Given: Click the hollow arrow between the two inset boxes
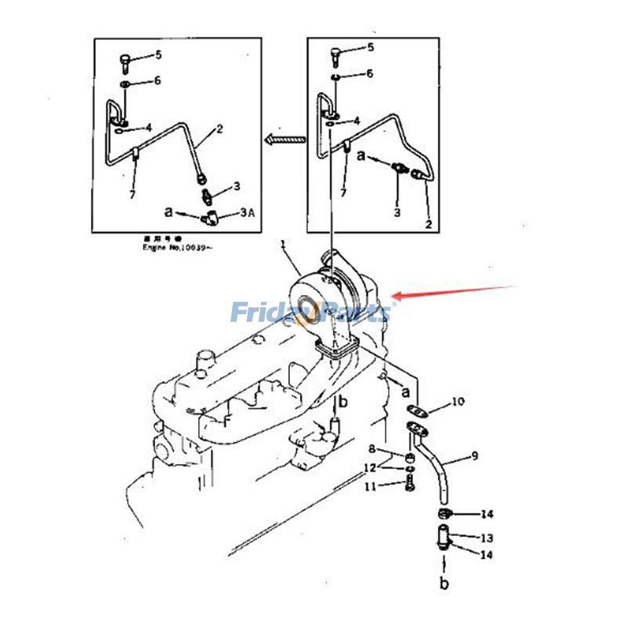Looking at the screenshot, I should pos(283,140).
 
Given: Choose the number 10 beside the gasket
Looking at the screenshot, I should pos(457,402).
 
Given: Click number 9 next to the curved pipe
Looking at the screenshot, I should pos(474,455).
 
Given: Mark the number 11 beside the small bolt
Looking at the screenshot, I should pos(371,487).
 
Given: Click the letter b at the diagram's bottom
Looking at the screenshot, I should pos(444,584).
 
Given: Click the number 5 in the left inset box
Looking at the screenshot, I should pos(158,55).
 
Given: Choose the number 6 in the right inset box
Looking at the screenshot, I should pos(369,74).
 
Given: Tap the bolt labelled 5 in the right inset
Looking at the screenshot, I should pos(335,55).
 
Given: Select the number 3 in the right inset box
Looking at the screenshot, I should pos(397,212).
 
